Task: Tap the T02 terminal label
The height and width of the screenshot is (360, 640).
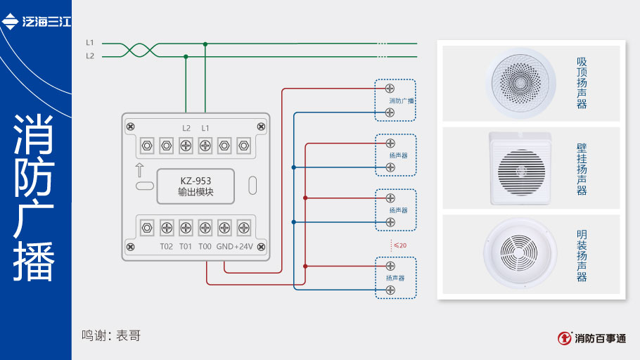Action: pyautogui.click(x=167, y=246)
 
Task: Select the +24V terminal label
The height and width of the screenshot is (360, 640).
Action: pyautogui.click(x=243, y=246)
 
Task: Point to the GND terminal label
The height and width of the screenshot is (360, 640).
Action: pyautogui.click(x=224, y=246)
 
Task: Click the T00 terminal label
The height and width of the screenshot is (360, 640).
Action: pyautogui.click(x=205, y=246)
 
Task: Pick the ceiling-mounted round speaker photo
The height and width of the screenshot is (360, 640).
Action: pyautogui.click(x=519, y=84)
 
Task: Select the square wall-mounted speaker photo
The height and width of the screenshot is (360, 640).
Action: pyautogui.click(x=519, y=169)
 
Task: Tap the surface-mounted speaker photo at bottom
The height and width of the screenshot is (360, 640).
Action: pyautogui.click(x=520, y=254)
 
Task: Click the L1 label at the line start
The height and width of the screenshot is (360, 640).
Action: pyautogui.click(x=90, y=43)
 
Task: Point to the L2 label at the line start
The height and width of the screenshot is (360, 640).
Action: pyautogui.click(x=90, y=56)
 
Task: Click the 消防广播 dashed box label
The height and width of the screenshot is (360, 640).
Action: pyautogui.click(x=402, y=101)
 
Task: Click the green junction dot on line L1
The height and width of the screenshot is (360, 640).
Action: pyautogui.click(x=205, y=44)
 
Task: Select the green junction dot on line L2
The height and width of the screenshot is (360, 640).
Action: pyautogui.click(x=186, y=56)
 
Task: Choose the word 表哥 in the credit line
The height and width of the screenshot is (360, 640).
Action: pyautogui.click(x=130, y=336)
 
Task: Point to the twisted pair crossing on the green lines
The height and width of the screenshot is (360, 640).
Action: pyautogui.click(x=138, y=50)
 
